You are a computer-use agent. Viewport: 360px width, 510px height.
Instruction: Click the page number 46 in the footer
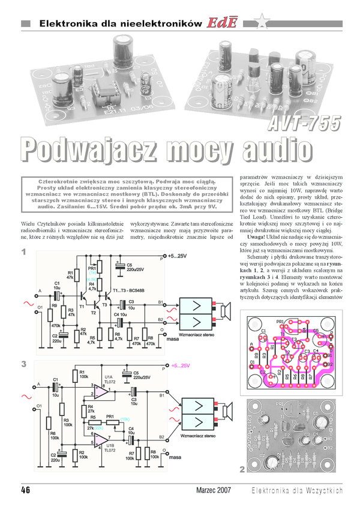(x=26, y=490)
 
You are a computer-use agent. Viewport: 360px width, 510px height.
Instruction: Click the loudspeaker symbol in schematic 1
(x=226, y=310)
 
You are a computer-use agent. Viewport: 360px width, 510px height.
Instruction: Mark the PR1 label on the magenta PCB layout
(x=280, y=322)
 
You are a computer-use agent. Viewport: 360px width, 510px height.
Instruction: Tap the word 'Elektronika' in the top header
(x=62, y=23)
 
